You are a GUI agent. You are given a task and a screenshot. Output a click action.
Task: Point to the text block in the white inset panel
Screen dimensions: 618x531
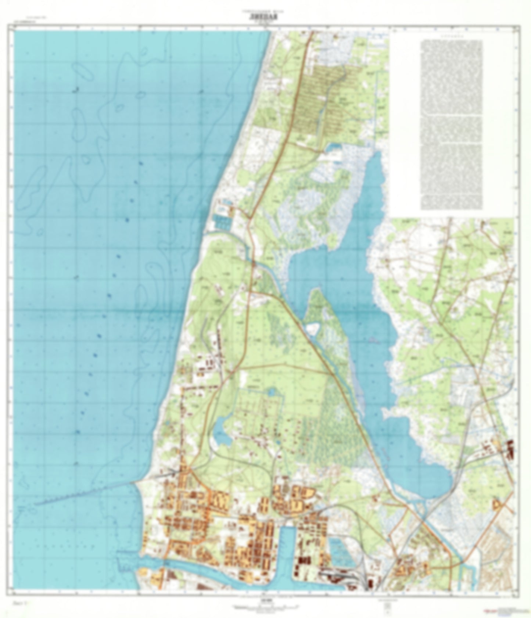[452, 125]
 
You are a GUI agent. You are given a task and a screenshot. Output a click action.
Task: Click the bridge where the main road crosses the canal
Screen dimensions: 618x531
[253, 262]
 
